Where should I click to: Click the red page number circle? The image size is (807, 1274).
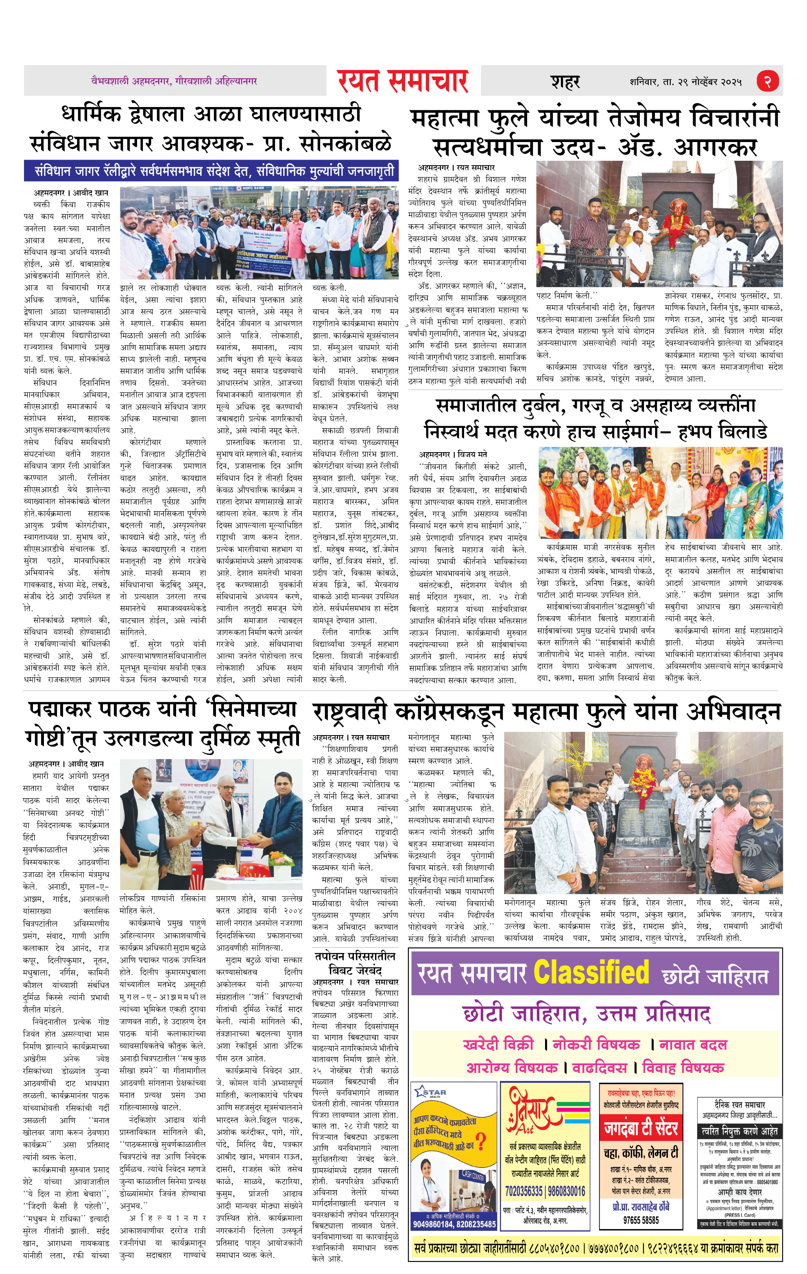(767, 81)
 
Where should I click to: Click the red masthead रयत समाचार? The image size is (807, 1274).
(403, 81)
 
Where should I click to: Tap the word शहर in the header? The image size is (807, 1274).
(565, 82)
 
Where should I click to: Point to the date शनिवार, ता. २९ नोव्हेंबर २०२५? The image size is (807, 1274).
(685, 82)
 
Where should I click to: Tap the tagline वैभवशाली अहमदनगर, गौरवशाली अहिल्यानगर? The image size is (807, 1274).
(174, 81)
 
